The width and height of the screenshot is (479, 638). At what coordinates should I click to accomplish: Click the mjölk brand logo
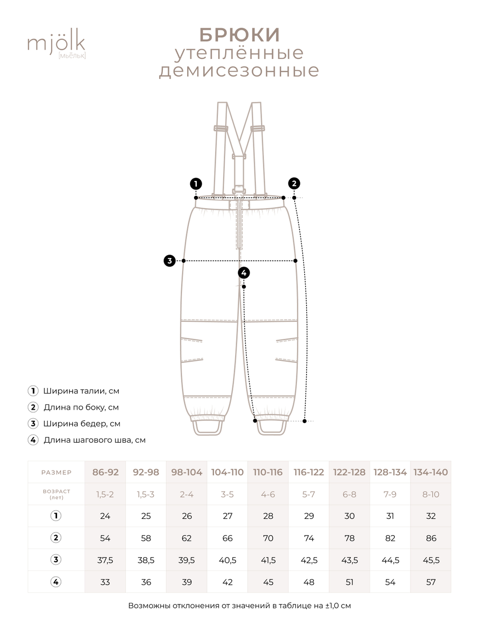click(56, 45)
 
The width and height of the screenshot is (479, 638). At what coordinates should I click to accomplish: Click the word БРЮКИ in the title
click(239, 34)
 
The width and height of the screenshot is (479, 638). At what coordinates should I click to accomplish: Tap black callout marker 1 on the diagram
click(195, 183)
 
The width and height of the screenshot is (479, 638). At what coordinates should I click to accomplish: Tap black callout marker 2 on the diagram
click(294, 183)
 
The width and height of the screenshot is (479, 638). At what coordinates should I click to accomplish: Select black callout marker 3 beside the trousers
click(170, 261)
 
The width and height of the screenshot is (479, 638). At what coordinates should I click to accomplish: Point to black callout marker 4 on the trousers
click(244, 273)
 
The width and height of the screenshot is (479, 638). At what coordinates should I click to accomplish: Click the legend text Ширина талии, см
click(81, 391)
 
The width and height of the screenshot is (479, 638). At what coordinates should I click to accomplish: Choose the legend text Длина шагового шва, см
click(94, 440)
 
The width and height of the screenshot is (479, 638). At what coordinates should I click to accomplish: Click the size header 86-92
click(105, 472)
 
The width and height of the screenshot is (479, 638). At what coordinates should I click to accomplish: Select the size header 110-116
click(268, 472)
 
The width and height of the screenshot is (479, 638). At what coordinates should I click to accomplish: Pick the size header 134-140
click(431, 472)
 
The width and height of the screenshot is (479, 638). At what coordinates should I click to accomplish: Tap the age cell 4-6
click(268, 494)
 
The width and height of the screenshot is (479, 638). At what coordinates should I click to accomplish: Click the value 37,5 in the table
click(105, 560)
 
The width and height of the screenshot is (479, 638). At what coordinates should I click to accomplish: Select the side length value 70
click(268, 538)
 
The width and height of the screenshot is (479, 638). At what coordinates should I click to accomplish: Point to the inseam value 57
click(431, 582)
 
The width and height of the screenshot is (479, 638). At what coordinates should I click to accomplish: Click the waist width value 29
click(309, 516)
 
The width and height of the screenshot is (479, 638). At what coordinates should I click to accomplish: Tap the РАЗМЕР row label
click(56, 472)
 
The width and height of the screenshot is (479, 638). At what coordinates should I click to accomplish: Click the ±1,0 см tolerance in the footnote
click(338, 605)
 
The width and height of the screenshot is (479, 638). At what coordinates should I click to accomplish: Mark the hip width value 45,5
click(431, 560)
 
